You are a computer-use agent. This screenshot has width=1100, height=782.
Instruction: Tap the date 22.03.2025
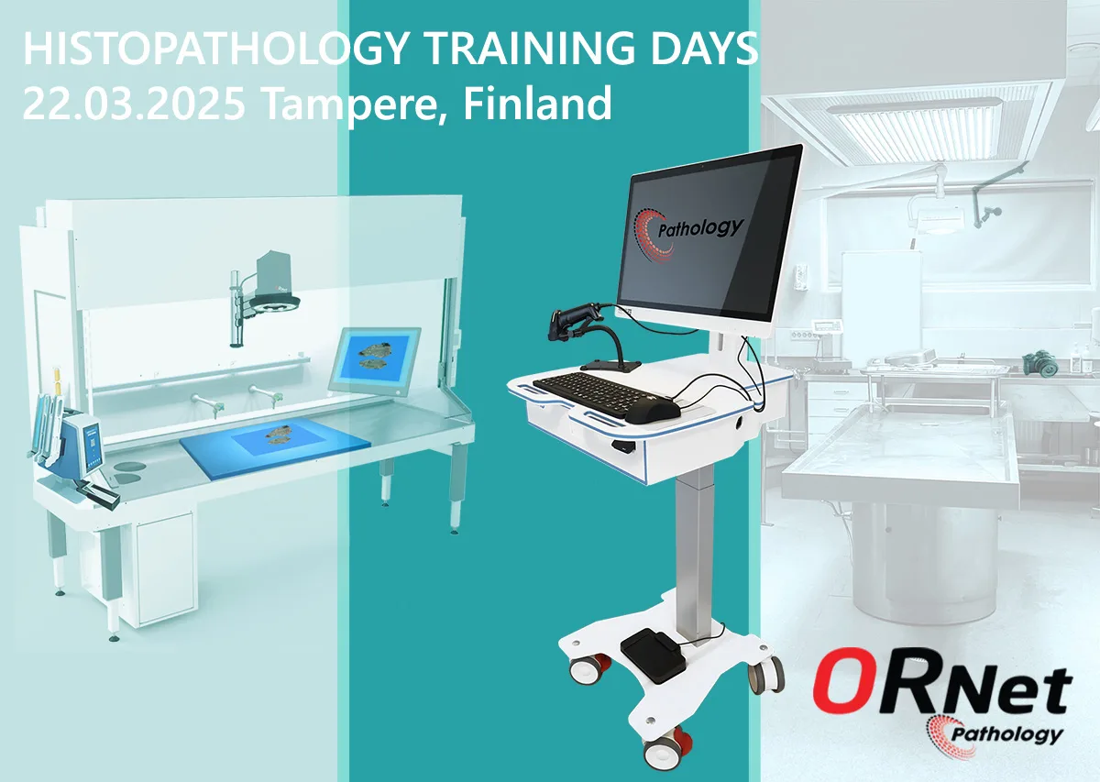tap(134, 104)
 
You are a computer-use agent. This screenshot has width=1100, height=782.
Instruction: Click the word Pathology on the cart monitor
tap(699, 229)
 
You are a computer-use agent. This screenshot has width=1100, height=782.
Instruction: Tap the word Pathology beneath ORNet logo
tap(1006, 735)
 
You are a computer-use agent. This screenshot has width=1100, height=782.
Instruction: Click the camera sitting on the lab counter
tap(1040, 362)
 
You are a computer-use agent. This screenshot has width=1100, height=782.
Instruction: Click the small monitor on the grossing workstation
tap(375, 361)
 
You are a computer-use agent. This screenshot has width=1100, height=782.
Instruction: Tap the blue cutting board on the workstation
tap(275, 447)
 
